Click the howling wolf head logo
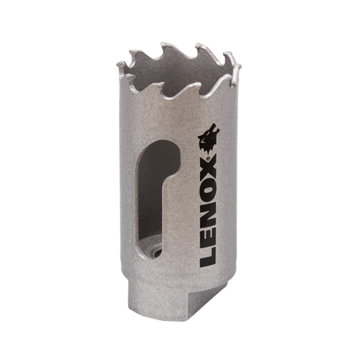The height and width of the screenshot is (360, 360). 208,139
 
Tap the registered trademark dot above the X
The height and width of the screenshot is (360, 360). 208,158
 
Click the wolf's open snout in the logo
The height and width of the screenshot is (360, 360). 215,128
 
